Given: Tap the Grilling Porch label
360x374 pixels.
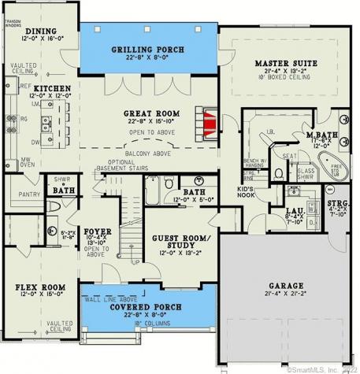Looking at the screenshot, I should (x=148, y=49).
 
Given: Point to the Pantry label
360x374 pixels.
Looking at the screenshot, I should (x=28, y=194).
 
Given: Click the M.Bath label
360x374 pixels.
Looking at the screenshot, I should (x=321, y=135).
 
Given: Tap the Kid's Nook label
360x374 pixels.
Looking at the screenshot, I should (x=245, y=194).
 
